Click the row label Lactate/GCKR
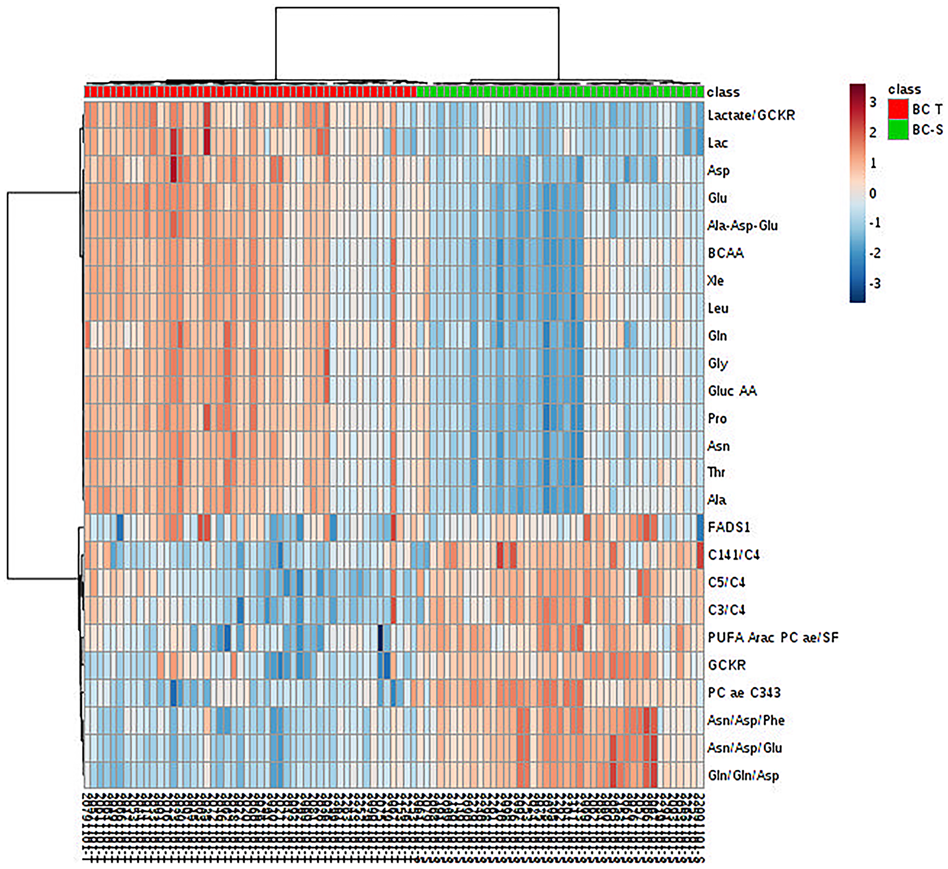pos(751,115)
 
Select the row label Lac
pos(717,143)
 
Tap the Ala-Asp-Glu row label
pos(742,226)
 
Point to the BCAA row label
pos(726,253)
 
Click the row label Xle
pos(715,281)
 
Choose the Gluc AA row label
pos(732,391)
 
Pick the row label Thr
pos(716,472)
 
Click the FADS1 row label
pos(729,527)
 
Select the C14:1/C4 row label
pos(733,555)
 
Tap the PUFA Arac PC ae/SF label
pos(773,638)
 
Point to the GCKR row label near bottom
pos(727,665)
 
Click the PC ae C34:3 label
pos(744,693)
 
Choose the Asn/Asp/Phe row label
pos(746,721)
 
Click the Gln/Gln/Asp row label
pos(743,776)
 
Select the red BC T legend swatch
pos(898,110)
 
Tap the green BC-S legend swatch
pos(898,130)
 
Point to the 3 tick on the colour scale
pos(873,102)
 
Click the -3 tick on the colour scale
pos(875,284)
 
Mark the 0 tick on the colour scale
pos(873,193)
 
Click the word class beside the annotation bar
pos(723,92)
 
